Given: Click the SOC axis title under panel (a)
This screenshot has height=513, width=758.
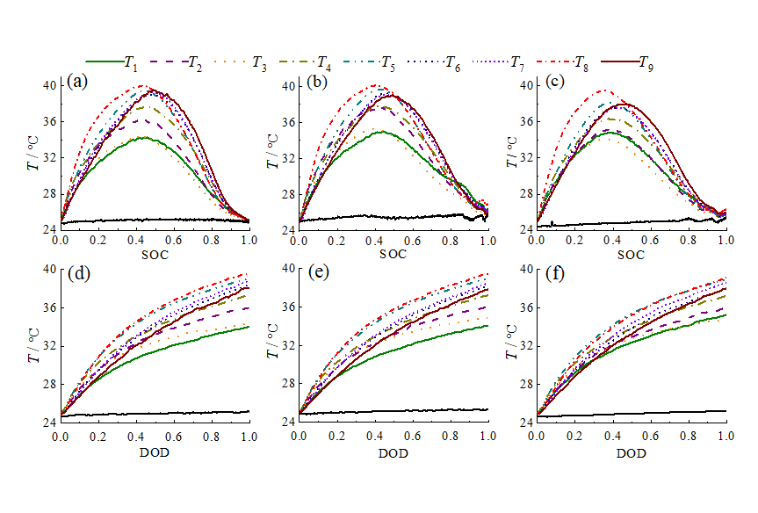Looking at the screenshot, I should click(x=155, y=255).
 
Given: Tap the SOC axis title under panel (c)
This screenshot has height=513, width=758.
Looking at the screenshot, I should click(x=631, y=255).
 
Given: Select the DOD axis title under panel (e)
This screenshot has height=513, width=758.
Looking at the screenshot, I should click(x=393, y=453).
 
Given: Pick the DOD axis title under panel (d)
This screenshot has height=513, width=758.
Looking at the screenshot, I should click(x=155, y=453).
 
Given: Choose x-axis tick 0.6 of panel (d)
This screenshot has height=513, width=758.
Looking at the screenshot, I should click(x=174, y=437).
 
